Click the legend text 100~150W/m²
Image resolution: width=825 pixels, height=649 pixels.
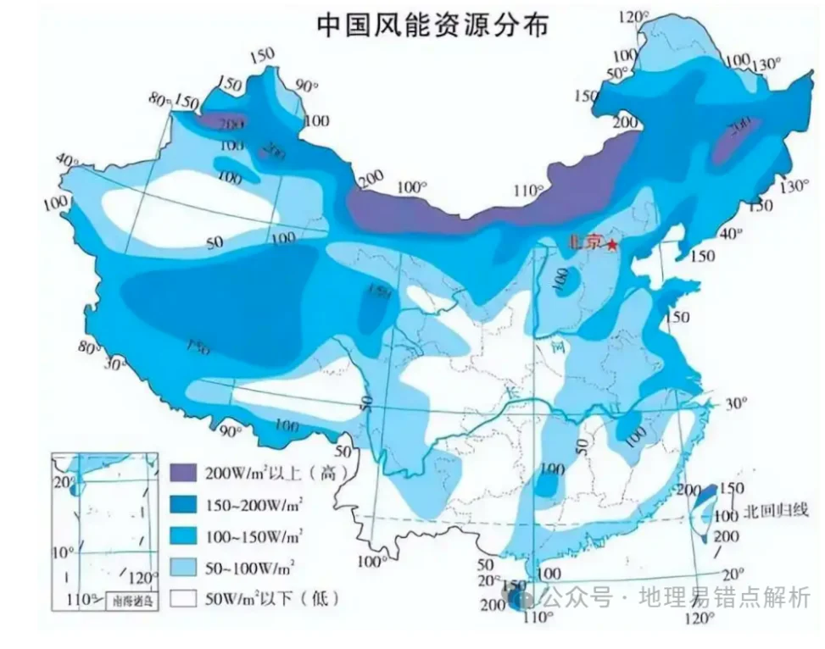click(x=255, y=536)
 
